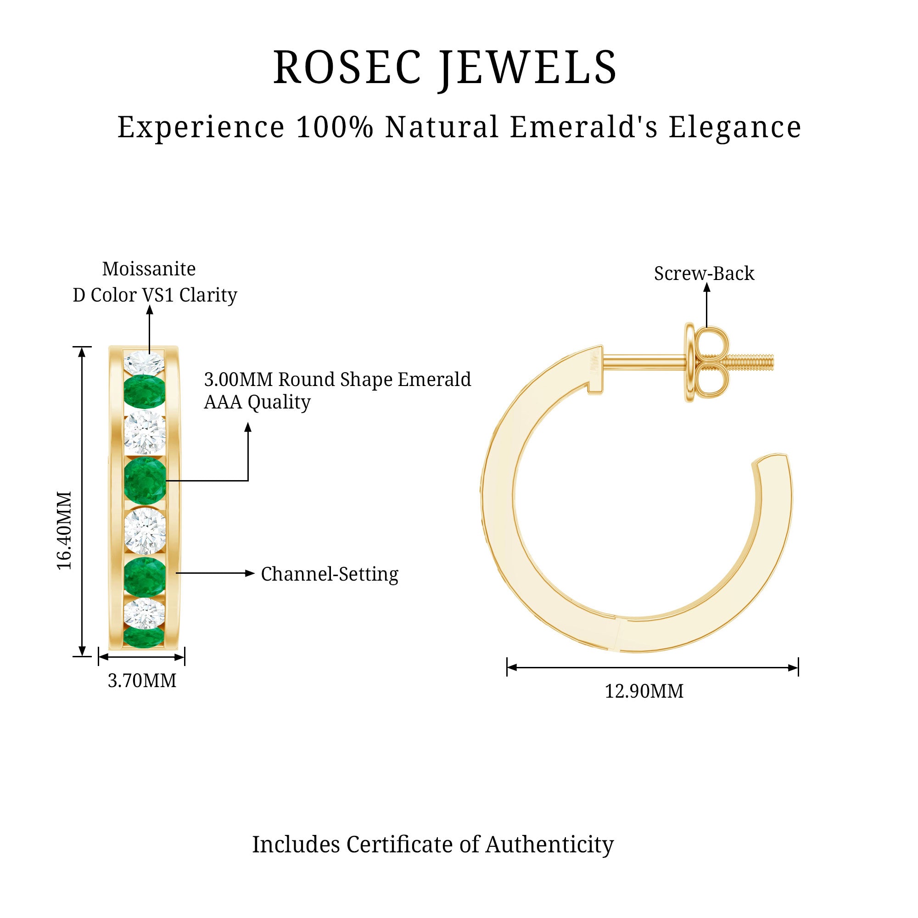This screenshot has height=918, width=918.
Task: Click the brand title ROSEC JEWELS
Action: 445,68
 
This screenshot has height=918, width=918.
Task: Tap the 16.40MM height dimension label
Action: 64,530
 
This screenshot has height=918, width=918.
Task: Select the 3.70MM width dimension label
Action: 141,681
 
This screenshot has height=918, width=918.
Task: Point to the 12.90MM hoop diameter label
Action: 644,691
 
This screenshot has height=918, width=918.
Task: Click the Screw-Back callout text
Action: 704,273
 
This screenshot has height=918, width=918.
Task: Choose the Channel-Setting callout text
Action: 330,574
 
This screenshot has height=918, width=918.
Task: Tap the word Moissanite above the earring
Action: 149,269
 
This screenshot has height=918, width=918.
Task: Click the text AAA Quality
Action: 257,402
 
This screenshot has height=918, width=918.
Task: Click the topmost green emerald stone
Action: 145,392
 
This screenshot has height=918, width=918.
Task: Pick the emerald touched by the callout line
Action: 145,480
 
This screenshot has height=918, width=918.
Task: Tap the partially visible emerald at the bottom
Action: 144,637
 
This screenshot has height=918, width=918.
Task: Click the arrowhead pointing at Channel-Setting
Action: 250,573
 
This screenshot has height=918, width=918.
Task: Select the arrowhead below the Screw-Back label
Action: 706,288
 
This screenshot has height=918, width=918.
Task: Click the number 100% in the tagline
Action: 335,127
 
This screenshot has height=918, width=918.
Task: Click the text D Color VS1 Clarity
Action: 155,295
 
